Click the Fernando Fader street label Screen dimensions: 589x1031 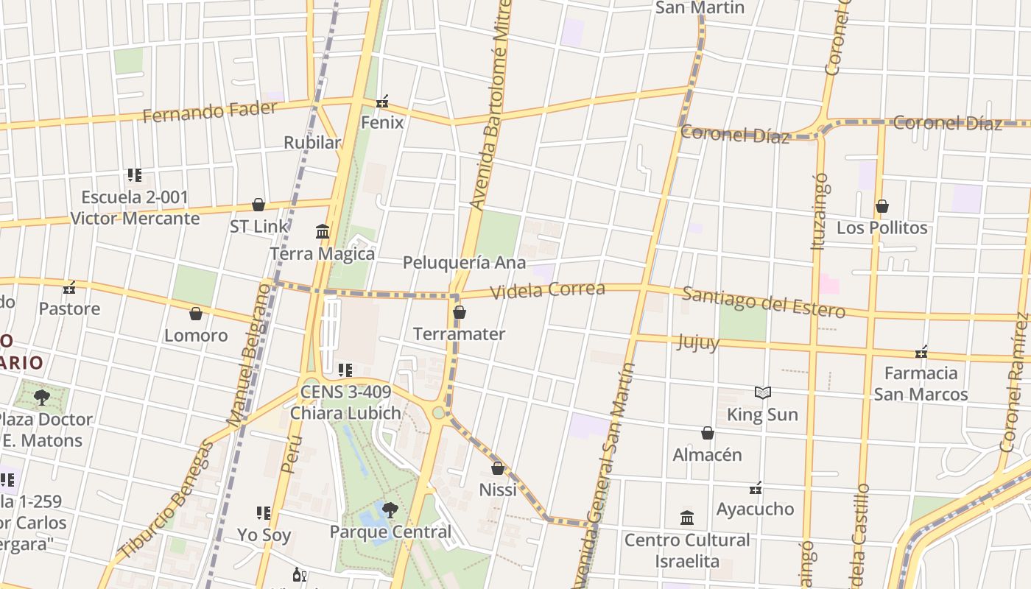coord(210,112)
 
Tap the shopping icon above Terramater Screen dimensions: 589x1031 coord(460,313)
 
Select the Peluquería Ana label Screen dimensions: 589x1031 coord(464,263)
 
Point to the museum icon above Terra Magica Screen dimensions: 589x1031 coord(323,233)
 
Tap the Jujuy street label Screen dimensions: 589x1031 coord(697,342)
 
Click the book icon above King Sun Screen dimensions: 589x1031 coord(763,393)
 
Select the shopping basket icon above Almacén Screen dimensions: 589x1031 coord(708,434)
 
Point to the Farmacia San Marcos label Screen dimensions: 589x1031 coord(921,384)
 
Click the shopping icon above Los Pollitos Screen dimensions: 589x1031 coord(882,207)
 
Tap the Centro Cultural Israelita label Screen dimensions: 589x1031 coord(687,550)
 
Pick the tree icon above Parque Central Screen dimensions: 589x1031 coord(390,509)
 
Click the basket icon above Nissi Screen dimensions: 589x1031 coord(498,468)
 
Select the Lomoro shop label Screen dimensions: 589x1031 coord(196,336)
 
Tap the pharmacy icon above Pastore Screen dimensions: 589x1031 coord(70,287)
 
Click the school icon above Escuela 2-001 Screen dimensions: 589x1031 coord(135,175)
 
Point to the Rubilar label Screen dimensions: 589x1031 coord(313,143)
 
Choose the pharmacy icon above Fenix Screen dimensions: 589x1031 coord(382,102)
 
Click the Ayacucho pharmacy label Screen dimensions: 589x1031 coord(756,509)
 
